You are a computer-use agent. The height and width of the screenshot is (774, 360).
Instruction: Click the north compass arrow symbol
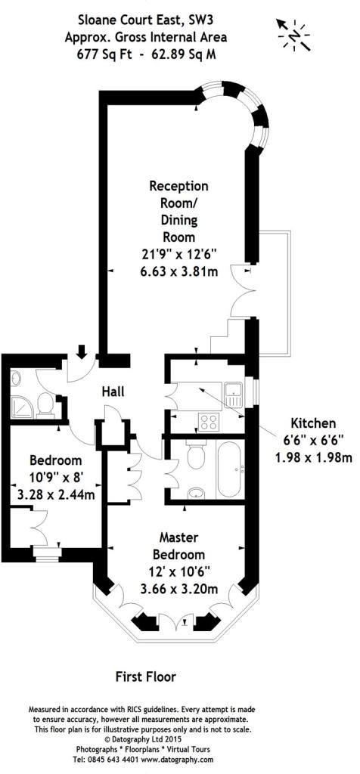click(x=293, y=35)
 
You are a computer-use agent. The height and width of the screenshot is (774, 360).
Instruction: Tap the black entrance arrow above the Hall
click(x=82, y=351)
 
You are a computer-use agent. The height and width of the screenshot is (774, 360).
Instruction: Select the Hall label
click(x=113, y=392)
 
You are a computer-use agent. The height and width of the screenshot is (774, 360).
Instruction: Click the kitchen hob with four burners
click(x=209, y=422)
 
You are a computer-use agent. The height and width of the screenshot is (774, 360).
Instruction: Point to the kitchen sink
click(x=233, y=395)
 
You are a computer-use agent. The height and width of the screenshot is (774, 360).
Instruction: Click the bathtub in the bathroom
click(x=229, y=469)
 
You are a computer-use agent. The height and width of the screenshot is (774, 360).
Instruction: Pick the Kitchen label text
click(x=312, y=423)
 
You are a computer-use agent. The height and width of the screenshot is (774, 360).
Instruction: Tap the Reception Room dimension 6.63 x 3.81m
click(x=178, y=271)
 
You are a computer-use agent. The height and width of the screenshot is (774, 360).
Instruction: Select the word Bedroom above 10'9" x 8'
click(x=55, y=460)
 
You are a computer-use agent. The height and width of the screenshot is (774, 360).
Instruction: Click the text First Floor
click(x=146, y=676)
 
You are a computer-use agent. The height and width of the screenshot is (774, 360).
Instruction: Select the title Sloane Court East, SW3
click(x=146, y=20)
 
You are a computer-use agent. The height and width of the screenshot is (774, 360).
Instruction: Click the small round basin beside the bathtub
click(x=197, y=491)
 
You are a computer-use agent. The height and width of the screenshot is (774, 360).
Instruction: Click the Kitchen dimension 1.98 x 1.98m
click(x=313, y=458)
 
